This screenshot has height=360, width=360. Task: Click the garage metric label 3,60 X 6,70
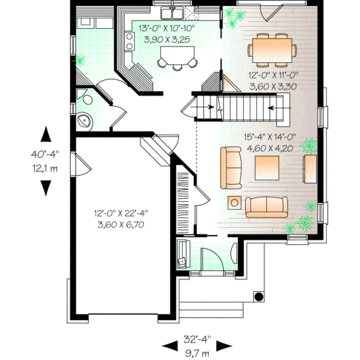point(121,224)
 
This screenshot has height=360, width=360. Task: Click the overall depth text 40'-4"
point(45,154)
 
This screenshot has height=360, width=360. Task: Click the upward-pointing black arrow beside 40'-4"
point(46,133)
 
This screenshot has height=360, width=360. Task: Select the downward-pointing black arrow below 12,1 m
point(46,188)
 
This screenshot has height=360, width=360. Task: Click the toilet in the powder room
point(85,98)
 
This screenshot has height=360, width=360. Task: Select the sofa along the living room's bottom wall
point(266,206)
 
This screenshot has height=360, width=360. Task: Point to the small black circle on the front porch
point(260,296)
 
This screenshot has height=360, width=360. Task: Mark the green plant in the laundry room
point(80,60)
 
